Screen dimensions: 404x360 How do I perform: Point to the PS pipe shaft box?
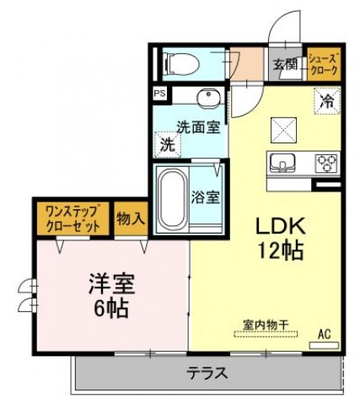[x=159, y=94]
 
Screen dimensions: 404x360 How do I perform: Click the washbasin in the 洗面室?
[x=208, y=98]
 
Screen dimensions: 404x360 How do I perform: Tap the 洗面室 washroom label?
[x=198, y=127]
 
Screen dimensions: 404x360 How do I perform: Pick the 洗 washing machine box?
[x=168, y=144]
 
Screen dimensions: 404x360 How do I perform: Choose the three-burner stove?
[x=326, y=162]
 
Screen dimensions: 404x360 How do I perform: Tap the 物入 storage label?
[x=130, y=218]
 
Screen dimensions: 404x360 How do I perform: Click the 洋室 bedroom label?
[x=111, y=284]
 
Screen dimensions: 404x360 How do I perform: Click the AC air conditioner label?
[x=325, y=335]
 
